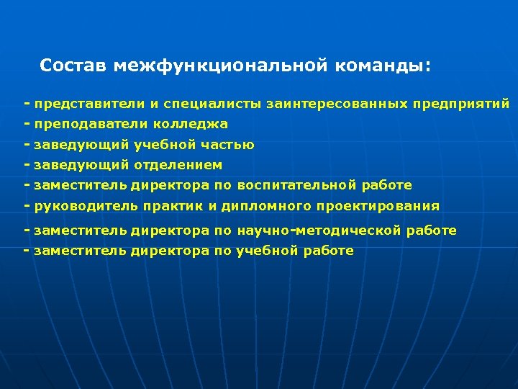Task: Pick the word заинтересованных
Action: tap(337, 104)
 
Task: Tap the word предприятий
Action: tap(461, 104)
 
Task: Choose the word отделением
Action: tap(178, 165)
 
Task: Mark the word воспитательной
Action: tap(296, 185)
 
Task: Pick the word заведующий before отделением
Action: tap(81, 165)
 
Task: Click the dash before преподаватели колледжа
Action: tap(27, 124)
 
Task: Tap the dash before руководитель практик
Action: tap(27, 205)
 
